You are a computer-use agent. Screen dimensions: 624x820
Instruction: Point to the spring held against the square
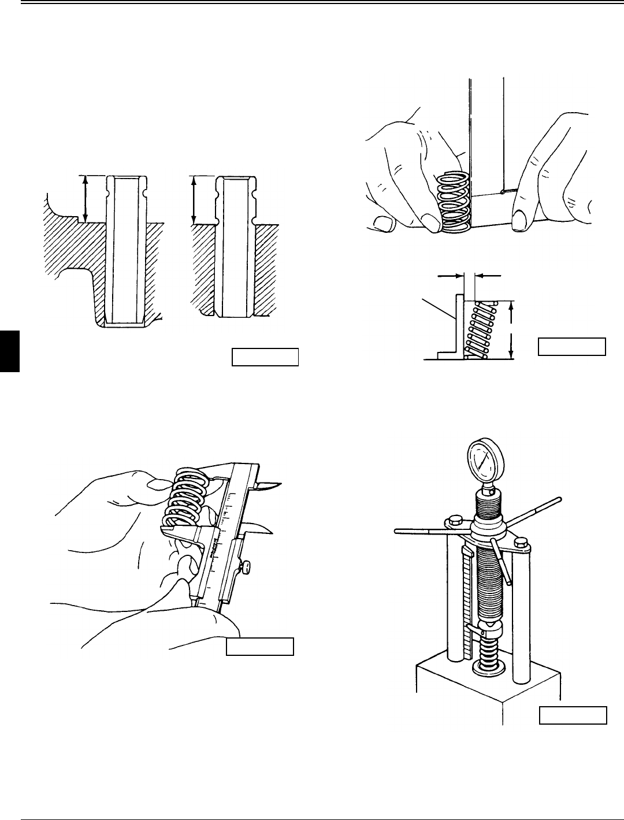[x=455, y=203]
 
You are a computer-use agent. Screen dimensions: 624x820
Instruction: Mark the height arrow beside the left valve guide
[x=86, y=199]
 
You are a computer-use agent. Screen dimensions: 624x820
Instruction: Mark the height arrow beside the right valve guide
[x=194, y=199]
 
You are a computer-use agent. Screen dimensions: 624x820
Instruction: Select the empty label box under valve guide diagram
[x=265, y=357]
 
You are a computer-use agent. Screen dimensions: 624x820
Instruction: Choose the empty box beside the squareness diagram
[x=571, y=346]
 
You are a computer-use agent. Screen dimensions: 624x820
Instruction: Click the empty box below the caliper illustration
[x=259, y=646]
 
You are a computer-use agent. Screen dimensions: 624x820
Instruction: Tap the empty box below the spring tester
[x=573, y=715]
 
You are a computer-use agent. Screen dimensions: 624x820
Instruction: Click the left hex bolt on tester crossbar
[x=454, y=519]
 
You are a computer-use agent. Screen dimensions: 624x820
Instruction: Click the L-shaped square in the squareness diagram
[x=456, y=329]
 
